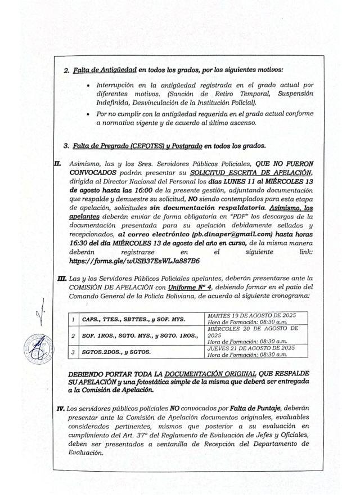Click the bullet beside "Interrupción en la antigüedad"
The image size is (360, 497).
[84, 92]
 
